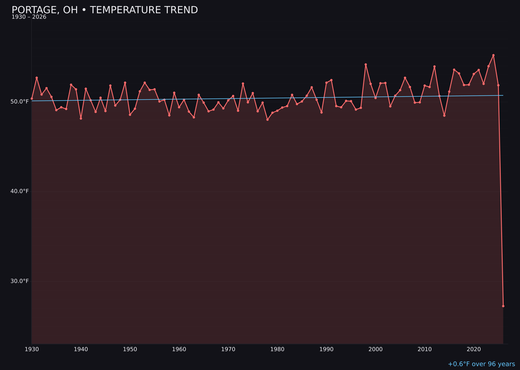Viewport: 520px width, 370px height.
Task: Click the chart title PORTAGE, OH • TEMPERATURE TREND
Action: click(x=104, y=10)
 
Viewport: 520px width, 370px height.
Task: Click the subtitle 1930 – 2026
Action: click(x=29, y=17)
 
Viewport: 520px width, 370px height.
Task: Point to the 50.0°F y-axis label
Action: click(x=19, y=102)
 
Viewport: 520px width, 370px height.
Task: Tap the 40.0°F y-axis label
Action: click(x=19, y=191)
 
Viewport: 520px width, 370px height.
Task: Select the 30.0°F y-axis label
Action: click(x=19, y=281)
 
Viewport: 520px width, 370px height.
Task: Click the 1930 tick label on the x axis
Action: click(x=32, y=349)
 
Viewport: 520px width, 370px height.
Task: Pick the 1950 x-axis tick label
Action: click(x=130, y=349)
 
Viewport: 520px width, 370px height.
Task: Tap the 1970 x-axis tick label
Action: click(x=228, y=349)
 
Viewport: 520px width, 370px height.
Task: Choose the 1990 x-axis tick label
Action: click(x=326, y=349)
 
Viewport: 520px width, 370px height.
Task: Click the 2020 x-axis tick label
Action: click(x=474, y=349)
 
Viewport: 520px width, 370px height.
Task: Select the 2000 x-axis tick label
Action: click(x=376, y=349)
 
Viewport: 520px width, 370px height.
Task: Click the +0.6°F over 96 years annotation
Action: click(x=481, y=364)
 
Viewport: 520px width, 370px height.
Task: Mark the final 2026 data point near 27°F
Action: click(x=503, y=306)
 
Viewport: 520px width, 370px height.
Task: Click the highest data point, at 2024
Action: click(x=494, y=55)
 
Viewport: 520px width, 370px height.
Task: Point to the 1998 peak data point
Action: click(x=365, y=65)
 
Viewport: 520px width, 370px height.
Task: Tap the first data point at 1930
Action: click(x=32, y=99)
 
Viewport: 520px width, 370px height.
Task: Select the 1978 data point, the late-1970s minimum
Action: click(x=267, y=119)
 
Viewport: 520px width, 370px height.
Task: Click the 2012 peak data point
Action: click(x=434, y=66)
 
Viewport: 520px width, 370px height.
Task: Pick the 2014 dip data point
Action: click(x=444, y=116)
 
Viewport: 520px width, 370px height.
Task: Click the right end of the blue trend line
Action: click(x=503, y=95)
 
